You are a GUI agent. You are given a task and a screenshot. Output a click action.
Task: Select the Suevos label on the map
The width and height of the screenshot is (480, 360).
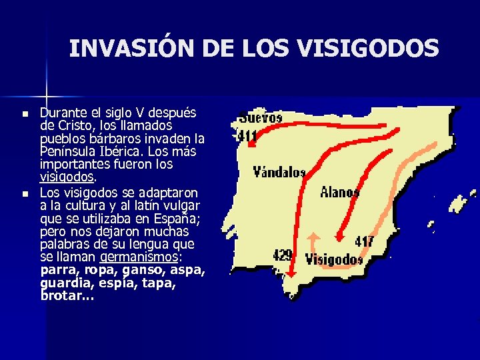point(261,117)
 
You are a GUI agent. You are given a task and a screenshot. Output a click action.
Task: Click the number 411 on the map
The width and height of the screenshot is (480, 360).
point(248,137)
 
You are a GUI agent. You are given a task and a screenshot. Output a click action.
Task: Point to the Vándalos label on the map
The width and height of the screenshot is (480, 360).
point(279,172)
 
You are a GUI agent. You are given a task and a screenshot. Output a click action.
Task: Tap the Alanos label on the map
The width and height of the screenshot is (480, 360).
point(339,192)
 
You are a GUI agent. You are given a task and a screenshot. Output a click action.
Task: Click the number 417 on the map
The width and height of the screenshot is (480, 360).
point(364,241)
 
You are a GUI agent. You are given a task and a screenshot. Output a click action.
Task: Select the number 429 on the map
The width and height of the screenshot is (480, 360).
point(283,255)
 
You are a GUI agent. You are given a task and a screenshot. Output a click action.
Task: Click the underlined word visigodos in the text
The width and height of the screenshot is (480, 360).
point(67,177)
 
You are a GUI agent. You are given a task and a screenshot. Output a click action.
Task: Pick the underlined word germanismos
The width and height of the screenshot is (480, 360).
point(139,257)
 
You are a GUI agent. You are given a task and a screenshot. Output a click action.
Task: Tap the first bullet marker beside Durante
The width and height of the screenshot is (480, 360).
point(25,115)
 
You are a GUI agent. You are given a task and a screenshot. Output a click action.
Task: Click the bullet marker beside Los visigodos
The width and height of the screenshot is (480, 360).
point(25,194)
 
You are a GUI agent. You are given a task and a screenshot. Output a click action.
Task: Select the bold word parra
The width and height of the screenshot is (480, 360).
point(57,270)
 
